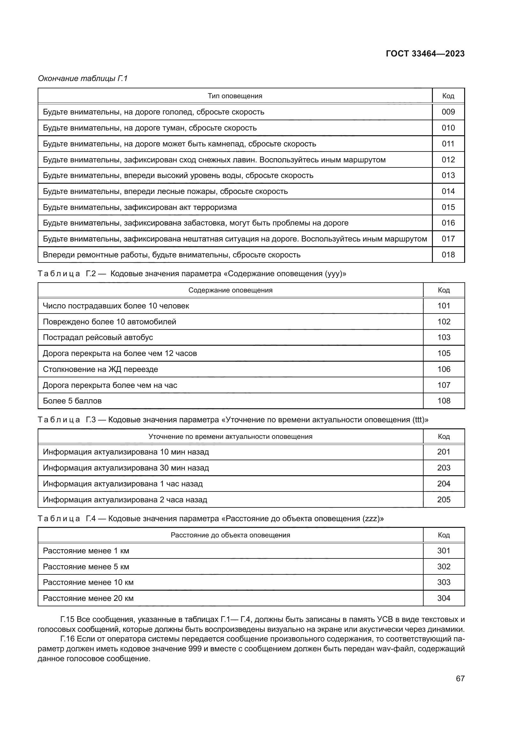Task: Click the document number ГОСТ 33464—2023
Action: click(x=425, y=54)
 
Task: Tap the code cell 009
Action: click(x=448, y=112)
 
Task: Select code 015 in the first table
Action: click(x=448, y=207)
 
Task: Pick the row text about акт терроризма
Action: click(x=140, y=207)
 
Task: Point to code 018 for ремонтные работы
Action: click(x=448, y=255)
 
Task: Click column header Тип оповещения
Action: click(x=235, y=96)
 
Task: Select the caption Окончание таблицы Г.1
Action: click(x=83, y=78)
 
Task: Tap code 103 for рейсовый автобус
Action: click(x=443, y=337)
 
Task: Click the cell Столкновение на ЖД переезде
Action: click(x=100, y=369)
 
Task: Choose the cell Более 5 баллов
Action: click(x=72, y=401)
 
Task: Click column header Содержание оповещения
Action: click(x=230, y=290)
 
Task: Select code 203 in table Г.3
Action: click(x=443, y=468)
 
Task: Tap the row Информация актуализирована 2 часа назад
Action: click(x=125, y=500)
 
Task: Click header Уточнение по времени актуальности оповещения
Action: click(x=230, y=436)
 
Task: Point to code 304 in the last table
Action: click(x=443, y=598)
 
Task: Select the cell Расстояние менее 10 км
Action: click(x=88, y=582)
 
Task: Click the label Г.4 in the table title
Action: click(x=91, y=519)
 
